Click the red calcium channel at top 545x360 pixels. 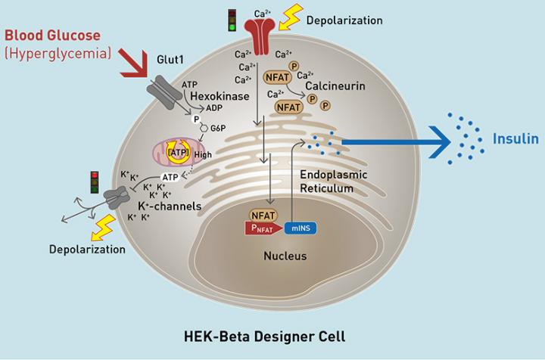(260, 35)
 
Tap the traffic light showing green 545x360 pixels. (234, 20)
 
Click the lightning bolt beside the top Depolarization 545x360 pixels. (291, 17)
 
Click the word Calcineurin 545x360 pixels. (335, 86)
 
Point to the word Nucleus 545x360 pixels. (285, 256)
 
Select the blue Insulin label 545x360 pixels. (515, 138)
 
